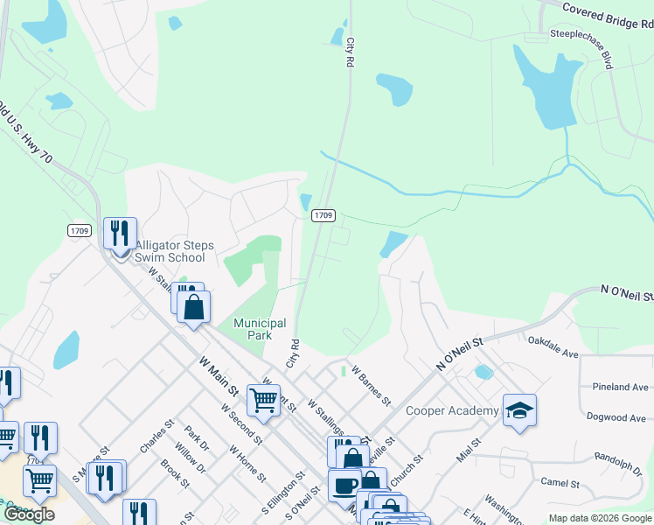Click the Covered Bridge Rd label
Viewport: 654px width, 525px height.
coord(607,16)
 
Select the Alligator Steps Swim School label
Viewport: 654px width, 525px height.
coord(170,252)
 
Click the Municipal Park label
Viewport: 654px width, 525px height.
coord(260,329)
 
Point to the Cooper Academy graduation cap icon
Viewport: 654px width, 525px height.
coord(519,410)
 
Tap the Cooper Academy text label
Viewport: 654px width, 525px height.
coord(452,410)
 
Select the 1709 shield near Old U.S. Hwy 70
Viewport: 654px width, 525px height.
coord(78,229)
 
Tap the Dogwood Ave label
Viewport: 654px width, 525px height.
coord(618,417)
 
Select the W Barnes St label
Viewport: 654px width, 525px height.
coord(372,385)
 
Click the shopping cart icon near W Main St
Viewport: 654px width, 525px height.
coord(262,400)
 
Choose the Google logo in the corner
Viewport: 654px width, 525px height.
coord(28,514)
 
